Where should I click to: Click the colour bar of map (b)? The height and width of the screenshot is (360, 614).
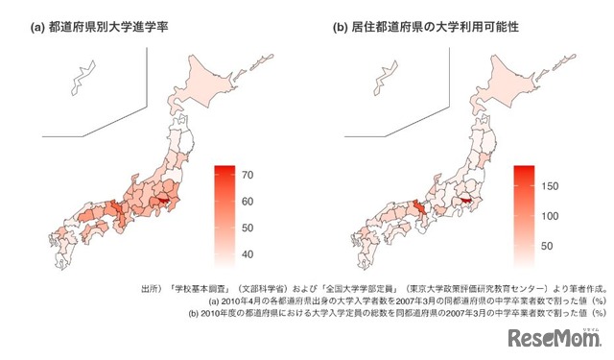tap(525, 213)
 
